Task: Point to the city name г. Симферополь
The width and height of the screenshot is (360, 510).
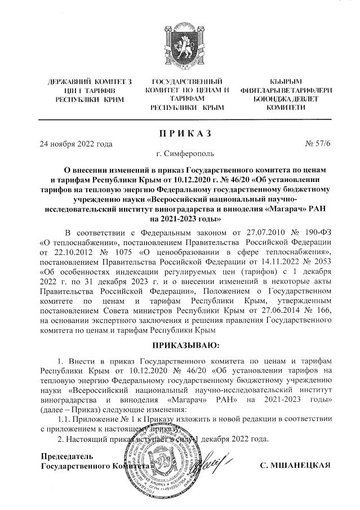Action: (x=180, y=153)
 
